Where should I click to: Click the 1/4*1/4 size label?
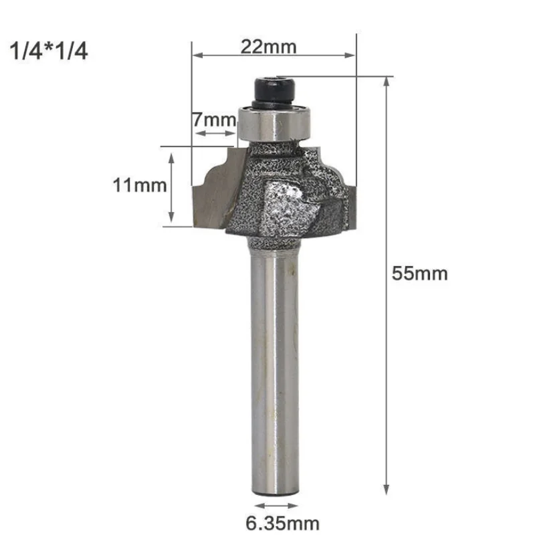click(48, 51)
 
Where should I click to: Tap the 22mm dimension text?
click(269, 47)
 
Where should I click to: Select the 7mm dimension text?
click(214, 120)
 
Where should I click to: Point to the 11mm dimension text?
click(140, 185)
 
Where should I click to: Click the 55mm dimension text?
click(419, 274)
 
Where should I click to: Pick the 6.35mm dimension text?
click(282, 524)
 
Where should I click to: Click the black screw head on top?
click(275, 91)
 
